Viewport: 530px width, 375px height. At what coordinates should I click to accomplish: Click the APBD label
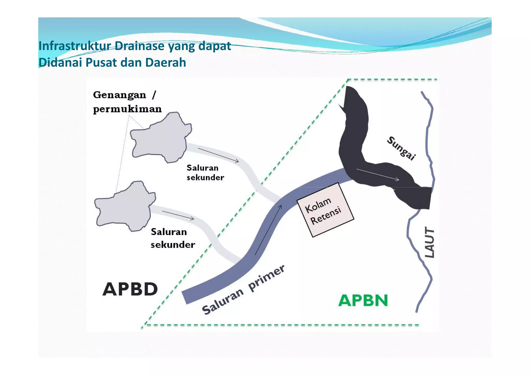click(130, 289)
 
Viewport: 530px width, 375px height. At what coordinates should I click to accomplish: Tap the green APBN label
click(363, 300)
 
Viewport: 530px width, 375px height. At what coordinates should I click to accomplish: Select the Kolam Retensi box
click(325, 210)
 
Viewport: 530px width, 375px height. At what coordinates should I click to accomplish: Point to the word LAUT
click(430, 242)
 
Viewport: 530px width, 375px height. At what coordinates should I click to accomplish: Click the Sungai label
click(401, 148)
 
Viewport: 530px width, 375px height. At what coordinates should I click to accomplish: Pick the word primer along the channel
click(267, 278)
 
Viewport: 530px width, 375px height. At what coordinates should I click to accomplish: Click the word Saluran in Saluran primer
click(223, 301)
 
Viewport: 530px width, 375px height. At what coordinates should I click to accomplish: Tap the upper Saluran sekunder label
click(205, 172)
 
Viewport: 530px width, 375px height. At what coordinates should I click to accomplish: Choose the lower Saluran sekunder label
click(173, 238)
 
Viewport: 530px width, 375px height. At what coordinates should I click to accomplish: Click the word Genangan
click(120, 95)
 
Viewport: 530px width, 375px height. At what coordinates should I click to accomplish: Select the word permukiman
click(127, 109)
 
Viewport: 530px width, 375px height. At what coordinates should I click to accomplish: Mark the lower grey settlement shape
click(125, 206)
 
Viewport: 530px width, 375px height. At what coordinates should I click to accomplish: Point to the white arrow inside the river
click(378, 174)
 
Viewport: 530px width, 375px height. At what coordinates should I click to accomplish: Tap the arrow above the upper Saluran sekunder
click(218, 155)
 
